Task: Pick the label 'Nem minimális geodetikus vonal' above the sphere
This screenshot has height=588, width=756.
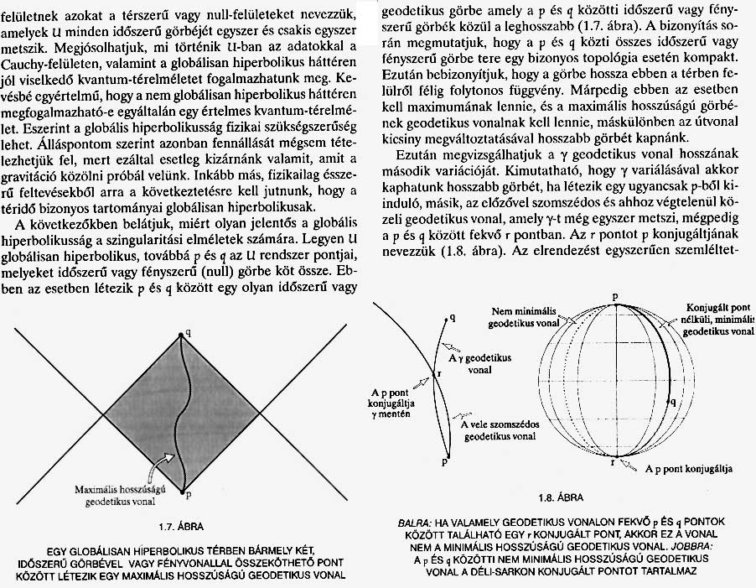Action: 534,320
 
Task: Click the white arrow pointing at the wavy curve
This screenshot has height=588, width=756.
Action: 170,460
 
